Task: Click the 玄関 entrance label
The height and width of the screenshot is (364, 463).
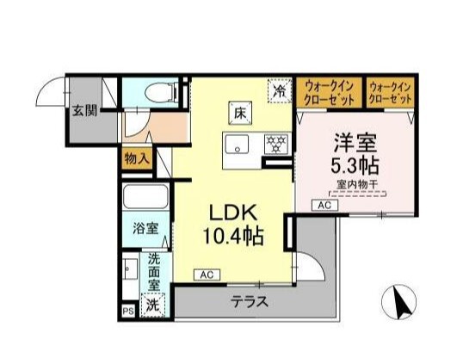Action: point(83,110)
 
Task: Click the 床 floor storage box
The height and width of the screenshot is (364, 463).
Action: point(240,110)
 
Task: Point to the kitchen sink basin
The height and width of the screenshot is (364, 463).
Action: point(237,143)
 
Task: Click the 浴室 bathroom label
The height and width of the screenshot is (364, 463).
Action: point(145,228)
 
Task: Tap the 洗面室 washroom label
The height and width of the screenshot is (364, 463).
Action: point(155,270)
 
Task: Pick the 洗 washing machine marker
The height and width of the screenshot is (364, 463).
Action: point(152,303)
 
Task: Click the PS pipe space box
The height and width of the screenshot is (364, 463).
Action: point(128,312)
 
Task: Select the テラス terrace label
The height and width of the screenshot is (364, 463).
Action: point(249,302)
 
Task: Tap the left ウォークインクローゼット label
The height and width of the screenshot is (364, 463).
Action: point(330,92)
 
